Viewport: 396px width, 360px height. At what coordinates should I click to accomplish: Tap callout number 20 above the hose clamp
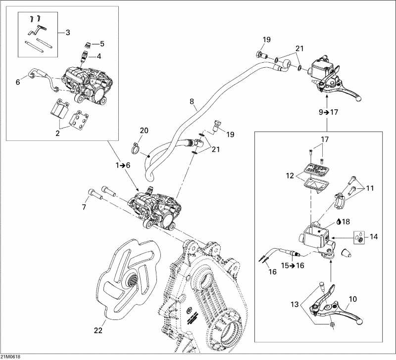[144, 131]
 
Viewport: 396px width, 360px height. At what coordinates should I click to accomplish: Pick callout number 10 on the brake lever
[352, 299]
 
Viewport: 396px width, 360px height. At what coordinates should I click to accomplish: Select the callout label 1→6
[123, 166]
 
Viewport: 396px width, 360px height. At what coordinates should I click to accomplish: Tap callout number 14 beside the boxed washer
[373, 237]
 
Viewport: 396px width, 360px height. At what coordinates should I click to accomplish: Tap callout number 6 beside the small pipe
[18, 83]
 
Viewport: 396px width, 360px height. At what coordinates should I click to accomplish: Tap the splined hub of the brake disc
[132, 282]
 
